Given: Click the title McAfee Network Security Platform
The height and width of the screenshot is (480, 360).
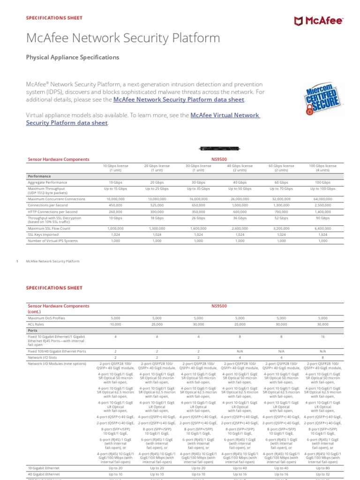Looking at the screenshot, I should [x=123, y=38].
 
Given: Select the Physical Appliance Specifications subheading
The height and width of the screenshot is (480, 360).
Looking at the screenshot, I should [x=72, y=57].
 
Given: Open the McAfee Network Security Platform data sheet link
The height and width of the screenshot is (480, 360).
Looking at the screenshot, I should [x=179, y=100].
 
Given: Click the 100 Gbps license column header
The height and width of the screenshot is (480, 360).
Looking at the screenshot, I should [x=322, y=168].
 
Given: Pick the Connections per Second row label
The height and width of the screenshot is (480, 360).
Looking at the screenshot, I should [x=48, y=205].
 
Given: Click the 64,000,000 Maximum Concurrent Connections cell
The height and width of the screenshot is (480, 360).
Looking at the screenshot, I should [x=322, y=199].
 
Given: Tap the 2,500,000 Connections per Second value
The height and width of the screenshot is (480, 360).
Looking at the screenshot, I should [x=322, y=205].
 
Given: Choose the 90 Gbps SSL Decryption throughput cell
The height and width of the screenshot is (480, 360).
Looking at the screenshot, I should [x=322, y=218].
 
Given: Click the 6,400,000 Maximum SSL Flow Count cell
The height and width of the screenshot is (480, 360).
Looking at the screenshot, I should [x=322, y=228].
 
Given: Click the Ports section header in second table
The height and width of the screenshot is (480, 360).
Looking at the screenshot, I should [x=33, y=330].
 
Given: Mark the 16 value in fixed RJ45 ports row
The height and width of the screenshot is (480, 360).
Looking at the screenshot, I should [x=322, y=336].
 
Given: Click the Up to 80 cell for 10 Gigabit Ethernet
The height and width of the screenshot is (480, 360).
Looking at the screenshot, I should [x=322, y=468].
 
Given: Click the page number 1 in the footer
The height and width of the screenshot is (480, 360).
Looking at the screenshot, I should [x=17, y=261].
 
